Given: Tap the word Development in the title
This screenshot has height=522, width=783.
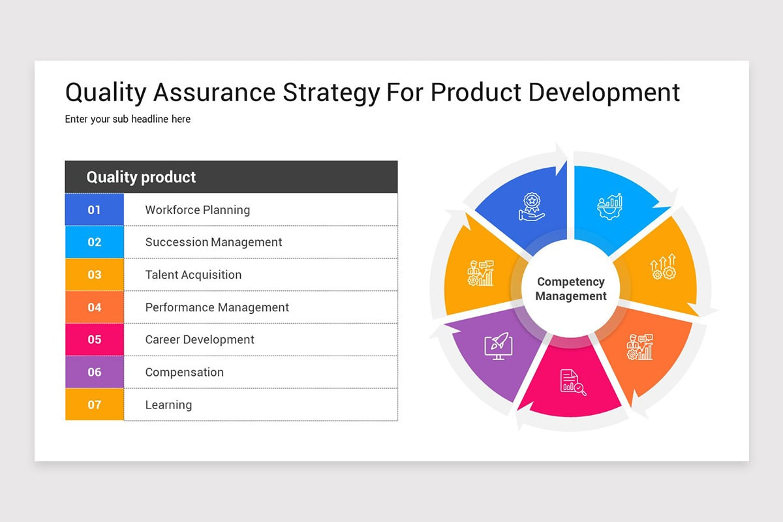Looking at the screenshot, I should click(x=604, y=93).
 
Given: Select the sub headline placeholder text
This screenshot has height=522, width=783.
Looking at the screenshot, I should click(x=128, y=119).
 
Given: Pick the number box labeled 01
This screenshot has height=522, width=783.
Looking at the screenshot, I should click(x=95, y=209).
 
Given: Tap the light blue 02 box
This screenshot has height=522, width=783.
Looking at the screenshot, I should click(x=95, y=242).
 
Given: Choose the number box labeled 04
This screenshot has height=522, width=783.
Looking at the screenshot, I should click(x=95, y=307).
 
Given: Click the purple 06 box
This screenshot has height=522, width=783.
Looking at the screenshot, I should click(x=95, y=372).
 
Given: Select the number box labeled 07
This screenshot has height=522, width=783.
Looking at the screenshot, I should click(x=95, y=405).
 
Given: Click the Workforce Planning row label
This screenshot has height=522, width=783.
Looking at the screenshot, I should click(x=197, y=210).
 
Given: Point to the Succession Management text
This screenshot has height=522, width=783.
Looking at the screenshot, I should click(x=213, y=242).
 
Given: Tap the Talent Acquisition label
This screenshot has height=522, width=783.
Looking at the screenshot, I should click(x=193, y=275).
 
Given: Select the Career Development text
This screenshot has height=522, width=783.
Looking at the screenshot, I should click(x=200, y=339).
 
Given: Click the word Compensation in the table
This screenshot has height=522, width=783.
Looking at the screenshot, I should click(x=184, y=372).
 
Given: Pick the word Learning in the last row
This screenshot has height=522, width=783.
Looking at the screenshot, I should click(x=168, y=405).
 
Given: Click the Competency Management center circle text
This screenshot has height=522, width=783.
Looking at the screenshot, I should click(x=571, y=289).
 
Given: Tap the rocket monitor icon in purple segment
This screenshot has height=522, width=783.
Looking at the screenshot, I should click(x=498, y=346).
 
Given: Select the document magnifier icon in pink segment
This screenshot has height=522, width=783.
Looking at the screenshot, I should click(x=573, y=382).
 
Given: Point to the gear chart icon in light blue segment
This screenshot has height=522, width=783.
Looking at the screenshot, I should click(x=610, y=206).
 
